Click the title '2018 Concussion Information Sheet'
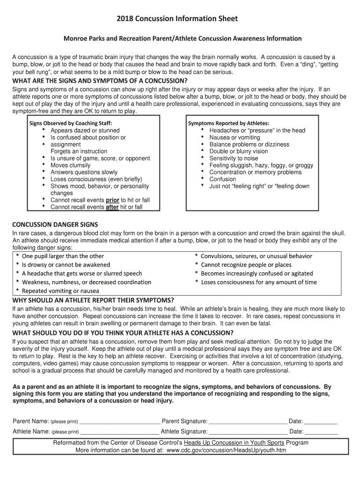point(180,19)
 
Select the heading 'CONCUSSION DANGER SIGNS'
point(55,225)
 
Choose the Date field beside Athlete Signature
point(321,432)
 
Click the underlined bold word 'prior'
point(113,200)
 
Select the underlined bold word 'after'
point(112,207)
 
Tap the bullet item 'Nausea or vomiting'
point(235,138)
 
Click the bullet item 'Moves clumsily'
point(71,165)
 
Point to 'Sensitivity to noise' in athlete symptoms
point(234,159)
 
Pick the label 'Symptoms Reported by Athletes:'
point(229,123)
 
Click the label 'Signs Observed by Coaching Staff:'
point(71,123)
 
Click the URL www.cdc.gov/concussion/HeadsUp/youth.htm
point(226,450)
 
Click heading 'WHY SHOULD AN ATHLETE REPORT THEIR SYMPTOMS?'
point(94,300)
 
